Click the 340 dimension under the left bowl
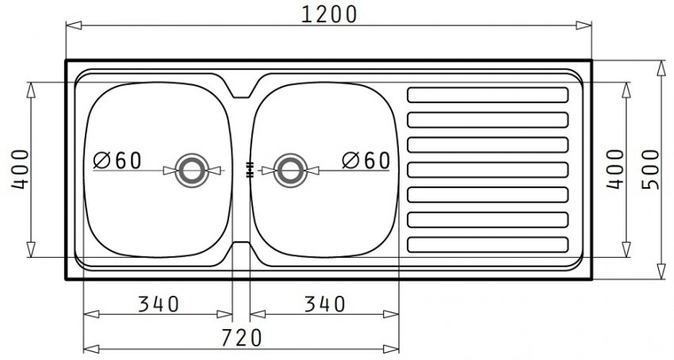pyautogui.click(x=159, y=303)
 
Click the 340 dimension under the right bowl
pyautogui.click(x=324, y=303)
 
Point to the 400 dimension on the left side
pyautogui.click(x=21, y=169)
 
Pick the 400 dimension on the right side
pyautogui.click(x=615, y=170)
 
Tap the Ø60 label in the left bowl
pyautogui.click(x=117, y=160)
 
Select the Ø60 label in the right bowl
pyautogui.click(x=366, y=160)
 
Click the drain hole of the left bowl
pyautogui.click(x=191, y=169)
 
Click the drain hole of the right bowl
pyautogui.click(x=289, y=169)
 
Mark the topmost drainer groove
pyautogui.click(x=487, y=95)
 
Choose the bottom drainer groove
pyautogui.click(x=487, y=243)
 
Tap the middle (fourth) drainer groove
pyautogui.click(x=487, y=169)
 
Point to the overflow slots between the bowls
pyautogui.click(x=249, y=169)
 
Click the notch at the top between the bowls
pyautogui.click(x=241, y=89)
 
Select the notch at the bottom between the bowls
pyautogui.click(x=241, y=249)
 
